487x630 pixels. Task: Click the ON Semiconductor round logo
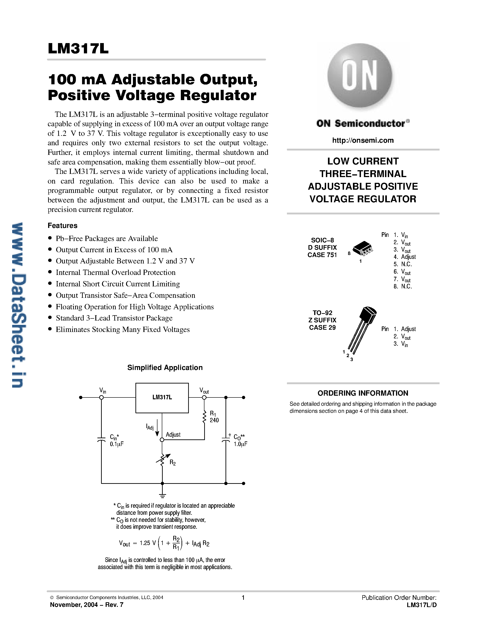tap(360, 76)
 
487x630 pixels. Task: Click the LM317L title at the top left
tap(78, 49)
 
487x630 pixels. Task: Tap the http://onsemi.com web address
tap(363, 140)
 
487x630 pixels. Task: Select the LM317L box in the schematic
tap(162, 398)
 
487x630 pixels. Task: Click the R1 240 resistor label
tap(214, 417)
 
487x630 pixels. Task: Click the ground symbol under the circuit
tap(162, 496)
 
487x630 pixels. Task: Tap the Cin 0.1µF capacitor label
tap(116, 441)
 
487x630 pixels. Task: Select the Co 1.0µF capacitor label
tap(240, 441)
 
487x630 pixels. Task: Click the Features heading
tap(62, 226)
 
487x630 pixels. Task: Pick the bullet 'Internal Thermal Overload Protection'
tap(116, 273)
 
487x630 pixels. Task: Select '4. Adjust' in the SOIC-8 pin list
tap(404, 257)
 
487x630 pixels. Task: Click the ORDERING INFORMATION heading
tap(363, 393)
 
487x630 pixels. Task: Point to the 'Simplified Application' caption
tap(165, 367)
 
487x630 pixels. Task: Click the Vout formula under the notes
tap(164, 543)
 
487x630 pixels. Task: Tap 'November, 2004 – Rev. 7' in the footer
tap(87, 605)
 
